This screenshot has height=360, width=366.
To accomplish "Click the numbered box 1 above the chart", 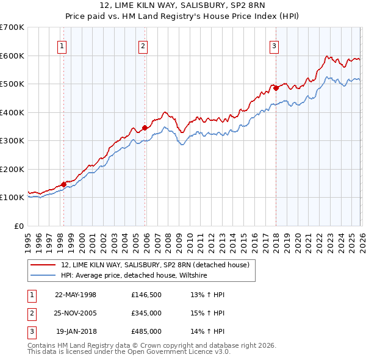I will pyautogui.click(x=63, y=46).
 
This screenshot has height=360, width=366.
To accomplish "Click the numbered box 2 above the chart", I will pyautogui.click(x=143, y=46).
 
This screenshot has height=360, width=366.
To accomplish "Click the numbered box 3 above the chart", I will pyautogui.click(x=274, y=46).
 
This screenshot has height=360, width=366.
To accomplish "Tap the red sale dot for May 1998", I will pyautogui.click(x=63, y=184).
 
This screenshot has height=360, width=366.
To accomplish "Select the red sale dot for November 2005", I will pyautogui.click(x=145, y=128).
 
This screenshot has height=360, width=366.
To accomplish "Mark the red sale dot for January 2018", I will pyautogui.click(x=276, y=88).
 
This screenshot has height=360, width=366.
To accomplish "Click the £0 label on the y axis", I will pyautogui.click(x=19, y=226).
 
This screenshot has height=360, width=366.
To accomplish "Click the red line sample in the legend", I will pyautogui.click(x=44, y=265).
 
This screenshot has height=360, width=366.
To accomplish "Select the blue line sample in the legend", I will pyautogui.click(x=44, y=276).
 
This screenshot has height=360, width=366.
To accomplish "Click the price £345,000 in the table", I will pyautogui.click(x=146, y=313).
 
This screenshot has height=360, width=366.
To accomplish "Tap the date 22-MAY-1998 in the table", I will pyautogui.click(x=76, y=295).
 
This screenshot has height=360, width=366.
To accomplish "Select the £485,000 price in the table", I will pyautogui.click(x=146, y=331).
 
